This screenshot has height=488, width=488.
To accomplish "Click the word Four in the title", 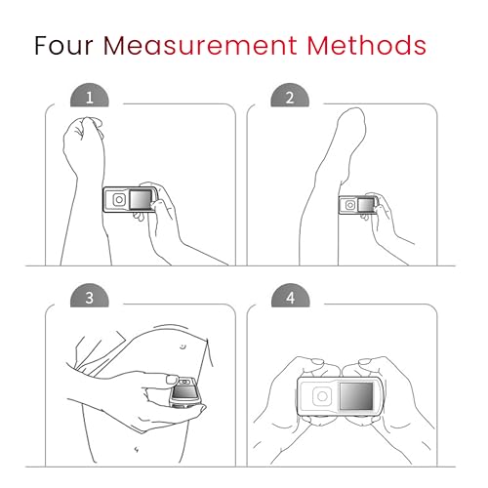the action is (63, 45).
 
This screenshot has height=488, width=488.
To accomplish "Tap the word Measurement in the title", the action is (200, 45).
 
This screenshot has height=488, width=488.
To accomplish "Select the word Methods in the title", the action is (366, 45).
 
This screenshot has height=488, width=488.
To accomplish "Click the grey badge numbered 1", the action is (90, 96).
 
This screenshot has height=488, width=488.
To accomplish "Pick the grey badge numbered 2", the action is (290, 96).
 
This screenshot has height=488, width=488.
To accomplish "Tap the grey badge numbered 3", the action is (90, 296).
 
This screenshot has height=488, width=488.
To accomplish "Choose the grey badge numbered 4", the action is (291, 296).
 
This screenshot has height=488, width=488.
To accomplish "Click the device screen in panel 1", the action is (141, 199).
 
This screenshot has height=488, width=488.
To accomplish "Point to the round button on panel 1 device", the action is (119, 200).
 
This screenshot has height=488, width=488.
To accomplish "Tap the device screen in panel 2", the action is (366, 205).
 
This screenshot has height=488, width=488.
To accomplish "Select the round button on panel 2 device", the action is (350, 205).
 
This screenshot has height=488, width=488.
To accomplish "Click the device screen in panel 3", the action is (184, 391).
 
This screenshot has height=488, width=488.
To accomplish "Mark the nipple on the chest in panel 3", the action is (183, 346).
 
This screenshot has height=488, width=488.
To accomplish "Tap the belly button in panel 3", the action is (137, 450).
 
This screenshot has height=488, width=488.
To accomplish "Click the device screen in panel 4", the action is (356, 395).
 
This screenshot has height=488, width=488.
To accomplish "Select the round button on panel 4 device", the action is (322, 396).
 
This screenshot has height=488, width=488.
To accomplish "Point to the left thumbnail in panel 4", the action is (317, 361).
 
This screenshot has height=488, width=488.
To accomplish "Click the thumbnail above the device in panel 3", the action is (172, 379).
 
